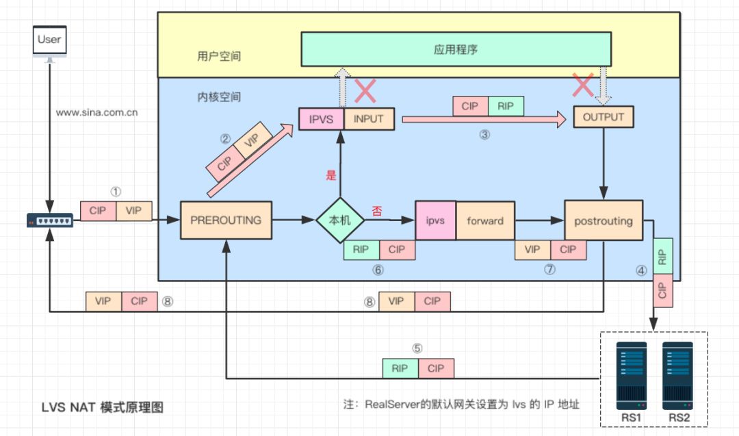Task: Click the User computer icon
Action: coord(49,42)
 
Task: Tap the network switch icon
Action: coord(49,220)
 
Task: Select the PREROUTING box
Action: coord(226,220)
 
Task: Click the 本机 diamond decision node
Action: coord(340,221)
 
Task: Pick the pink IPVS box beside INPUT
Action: coord(321,119)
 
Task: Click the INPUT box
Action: coord(369,119)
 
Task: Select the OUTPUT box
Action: coord(603,117)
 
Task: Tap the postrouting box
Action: coord(603,221)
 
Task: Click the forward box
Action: coord(485,220)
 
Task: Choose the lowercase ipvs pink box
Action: coord(436,220)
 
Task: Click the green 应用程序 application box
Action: coord(456,50)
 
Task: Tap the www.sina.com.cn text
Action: coord(97,113)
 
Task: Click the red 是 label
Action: coord(331,175)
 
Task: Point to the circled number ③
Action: coord(484,135)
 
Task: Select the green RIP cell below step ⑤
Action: coord(400,368)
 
